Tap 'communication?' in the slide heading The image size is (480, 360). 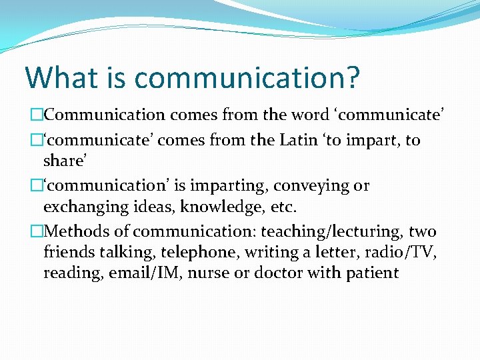point(247,79)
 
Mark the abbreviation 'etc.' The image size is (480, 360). point(273,207)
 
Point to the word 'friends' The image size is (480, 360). point(69,253)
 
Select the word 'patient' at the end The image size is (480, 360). point(371,273)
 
